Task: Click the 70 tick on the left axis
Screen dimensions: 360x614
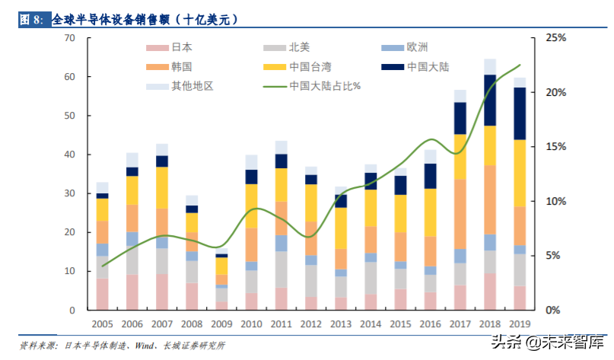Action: point(70,38)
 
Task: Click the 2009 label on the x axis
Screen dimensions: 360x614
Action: point(221,323)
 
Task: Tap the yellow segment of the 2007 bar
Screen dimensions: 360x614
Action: point(161,187)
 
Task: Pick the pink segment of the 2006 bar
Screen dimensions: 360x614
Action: point(132,292)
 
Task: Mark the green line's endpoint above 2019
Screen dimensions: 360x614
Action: point(520,65)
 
